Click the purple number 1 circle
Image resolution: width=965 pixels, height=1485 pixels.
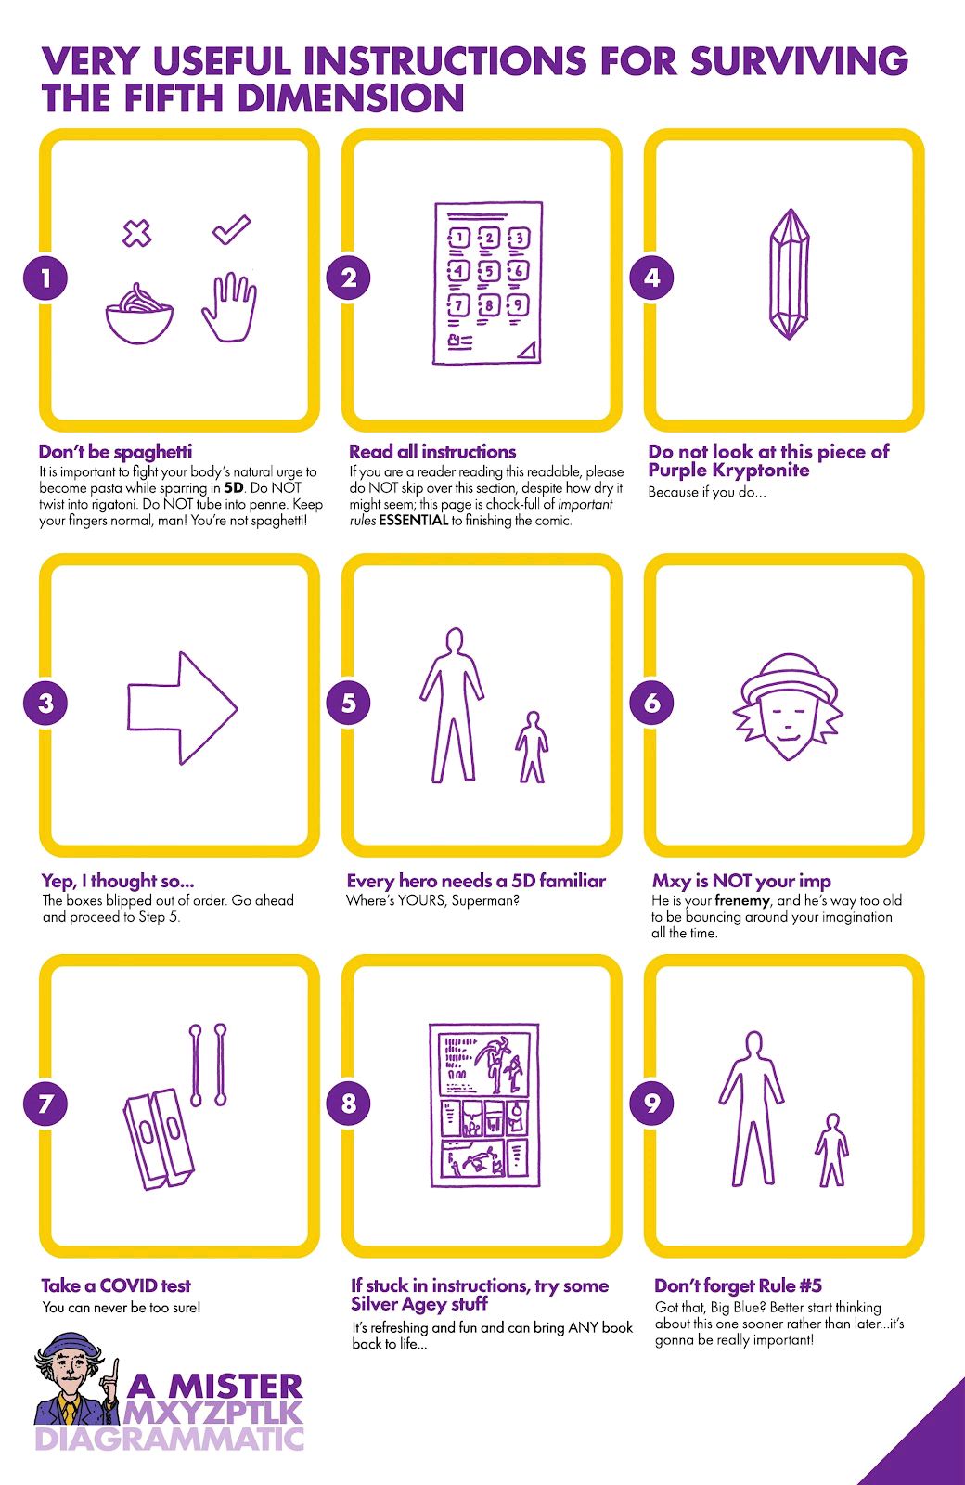pyautogui.click(x=45, y=278)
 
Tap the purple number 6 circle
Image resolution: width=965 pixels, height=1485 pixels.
pyautogui.click(x=651, y=703)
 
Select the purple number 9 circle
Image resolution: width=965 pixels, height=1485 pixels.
pyautogui.click(x=651, y=1104)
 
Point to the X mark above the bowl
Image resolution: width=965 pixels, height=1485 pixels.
pyautogui.click(x=137, y=233)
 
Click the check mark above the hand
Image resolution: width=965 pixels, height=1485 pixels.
pyautogui.click(x=232, y=229)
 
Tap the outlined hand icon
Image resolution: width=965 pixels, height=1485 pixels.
pyautogui.click(x=229, y=307)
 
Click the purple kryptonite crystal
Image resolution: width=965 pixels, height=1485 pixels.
pyautogui.click(x=790, y=274)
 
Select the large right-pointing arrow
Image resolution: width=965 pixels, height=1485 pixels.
pyautogui.click(x=182, y=707)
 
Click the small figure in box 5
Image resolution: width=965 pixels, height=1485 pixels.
pyautogui.click(x=532, y=747)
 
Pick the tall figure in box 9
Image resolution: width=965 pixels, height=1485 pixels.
pyautogui.click(x=752, y=1108)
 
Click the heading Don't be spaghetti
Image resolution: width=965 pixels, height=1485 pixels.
pyautogui.click(x=115, y=452)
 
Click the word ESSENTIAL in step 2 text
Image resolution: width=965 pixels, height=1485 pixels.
pyautogui.click(x=414, y=521)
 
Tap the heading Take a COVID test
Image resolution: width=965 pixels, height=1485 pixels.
pyautogui.click(x=116, y=1285)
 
